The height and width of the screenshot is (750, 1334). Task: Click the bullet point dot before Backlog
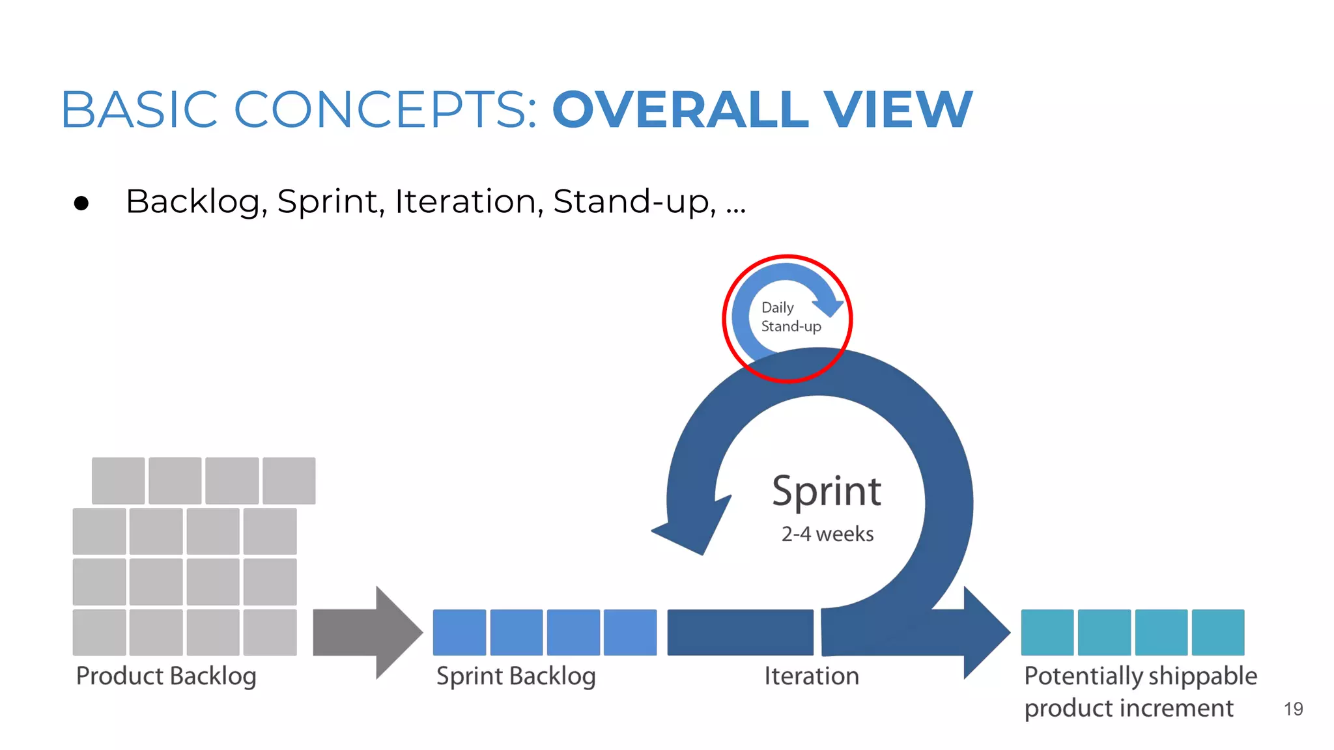pos(81,204)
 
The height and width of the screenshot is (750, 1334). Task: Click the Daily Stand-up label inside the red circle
pos(790,317)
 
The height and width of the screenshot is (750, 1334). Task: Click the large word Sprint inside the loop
pos(827,492)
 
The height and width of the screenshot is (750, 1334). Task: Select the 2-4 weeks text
pos(827,534)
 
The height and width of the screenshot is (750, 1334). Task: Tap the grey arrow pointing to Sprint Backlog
pos(368,632)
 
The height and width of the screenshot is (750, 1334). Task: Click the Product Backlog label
pos(166,676)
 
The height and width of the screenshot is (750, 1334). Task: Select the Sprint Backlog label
pos(516,676)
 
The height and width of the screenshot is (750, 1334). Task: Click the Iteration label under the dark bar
pos(812,676)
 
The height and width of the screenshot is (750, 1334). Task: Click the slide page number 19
pos(1293,709)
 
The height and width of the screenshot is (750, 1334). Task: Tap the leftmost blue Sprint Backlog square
pos(459,632)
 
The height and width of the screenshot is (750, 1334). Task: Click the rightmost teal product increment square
pos(1218,632)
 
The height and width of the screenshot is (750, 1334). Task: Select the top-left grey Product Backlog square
pos(118,480)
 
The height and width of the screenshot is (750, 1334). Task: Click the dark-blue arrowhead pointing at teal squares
pos(984,632)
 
